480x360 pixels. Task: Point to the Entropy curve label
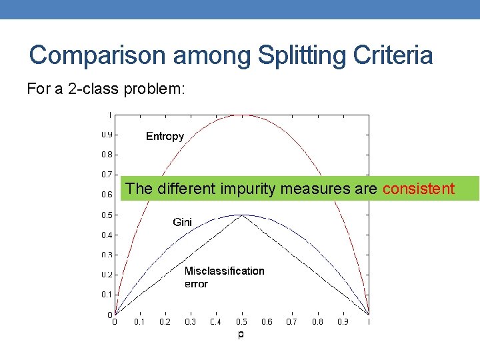pos(165,136)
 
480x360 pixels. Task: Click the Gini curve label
pos(182,222)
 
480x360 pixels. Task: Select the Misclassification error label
pos(224,277)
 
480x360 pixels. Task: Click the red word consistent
pos(419,189)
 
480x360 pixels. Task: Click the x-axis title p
pos(241,334)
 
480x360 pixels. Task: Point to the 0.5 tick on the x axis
pos(241,322)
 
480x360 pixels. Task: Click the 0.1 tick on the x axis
pos(139,322)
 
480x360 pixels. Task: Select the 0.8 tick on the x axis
pos(318,322)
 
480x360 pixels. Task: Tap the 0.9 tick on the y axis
pos(107,135)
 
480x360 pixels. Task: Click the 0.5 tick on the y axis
pos(107,215)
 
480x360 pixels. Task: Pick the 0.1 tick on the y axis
pos(107,294)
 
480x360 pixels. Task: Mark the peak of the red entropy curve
pos(241,115)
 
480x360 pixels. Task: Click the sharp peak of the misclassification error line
pos(241,215)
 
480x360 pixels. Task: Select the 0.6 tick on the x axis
pos(267,322)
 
